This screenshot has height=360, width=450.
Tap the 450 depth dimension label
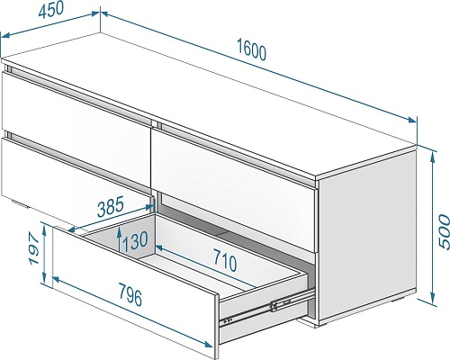(x=51, y=11)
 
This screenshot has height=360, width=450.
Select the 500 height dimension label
(x=444, y=231)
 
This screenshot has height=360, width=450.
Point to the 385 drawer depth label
(x=110, y=206)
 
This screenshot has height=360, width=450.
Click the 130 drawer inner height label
(x=135, y=240)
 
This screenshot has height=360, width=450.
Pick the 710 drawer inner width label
(x=224, y=259)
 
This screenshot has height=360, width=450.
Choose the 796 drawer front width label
(x=130, y=294)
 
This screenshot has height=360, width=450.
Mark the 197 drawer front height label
(x=34, y=249)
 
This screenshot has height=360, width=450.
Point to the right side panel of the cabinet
(x=367, y=234)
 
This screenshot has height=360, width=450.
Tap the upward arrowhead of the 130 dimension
(x=120, y=231)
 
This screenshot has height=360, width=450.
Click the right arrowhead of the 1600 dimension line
(x=412, y=120)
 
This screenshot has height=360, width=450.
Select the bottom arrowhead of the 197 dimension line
(x=44, y=278)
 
